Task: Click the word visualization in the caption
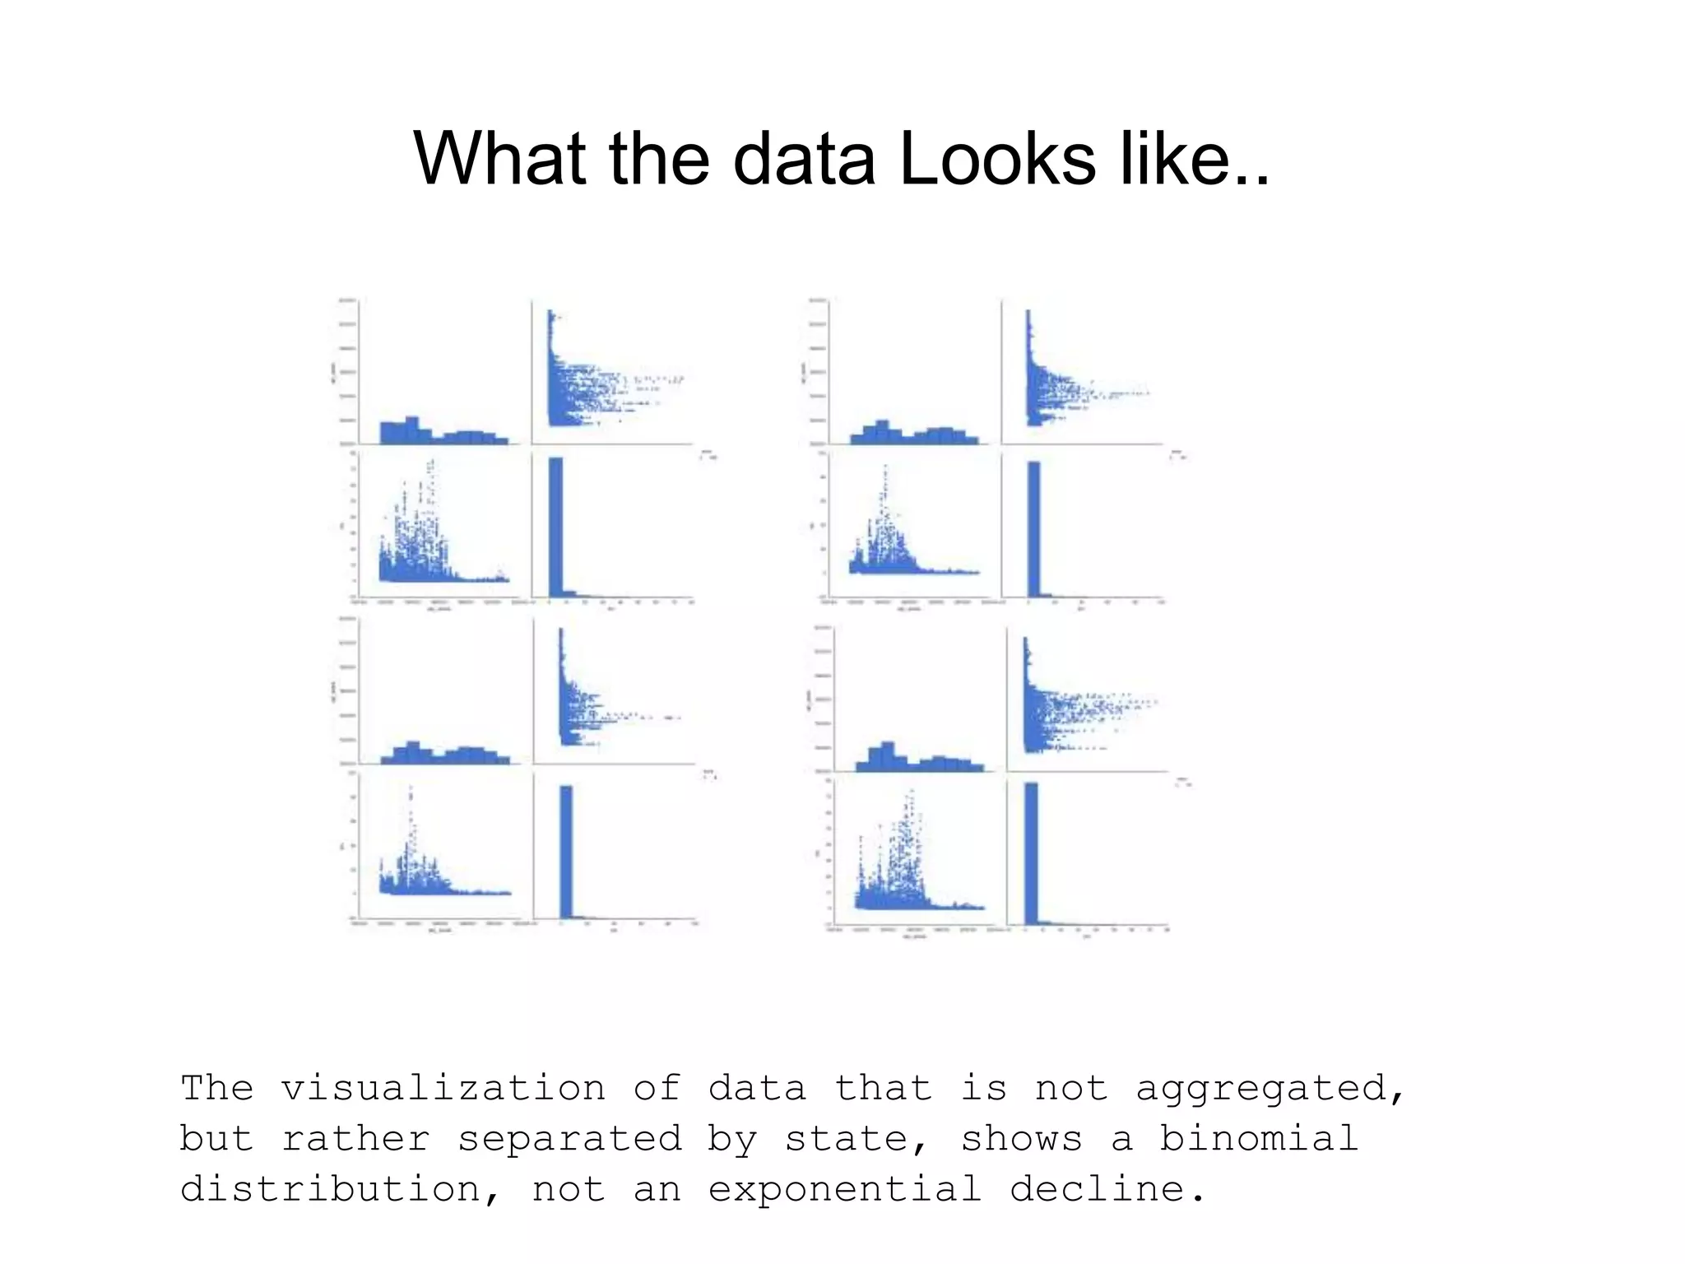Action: (443, 1088)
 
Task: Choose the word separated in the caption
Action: (569, 1139)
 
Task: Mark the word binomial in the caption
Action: (1258, 1139)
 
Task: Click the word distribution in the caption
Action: (330, 1189)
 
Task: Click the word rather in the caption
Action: (355, 1139)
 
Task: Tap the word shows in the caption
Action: (1021, 1139)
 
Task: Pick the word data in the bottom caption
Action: (757, 1088)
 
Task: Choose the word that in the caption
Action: (883, 1088)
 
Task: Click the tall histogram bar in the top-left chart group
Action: (556, 527)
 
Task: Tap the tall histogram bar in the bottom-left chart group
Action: (566, 851)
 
